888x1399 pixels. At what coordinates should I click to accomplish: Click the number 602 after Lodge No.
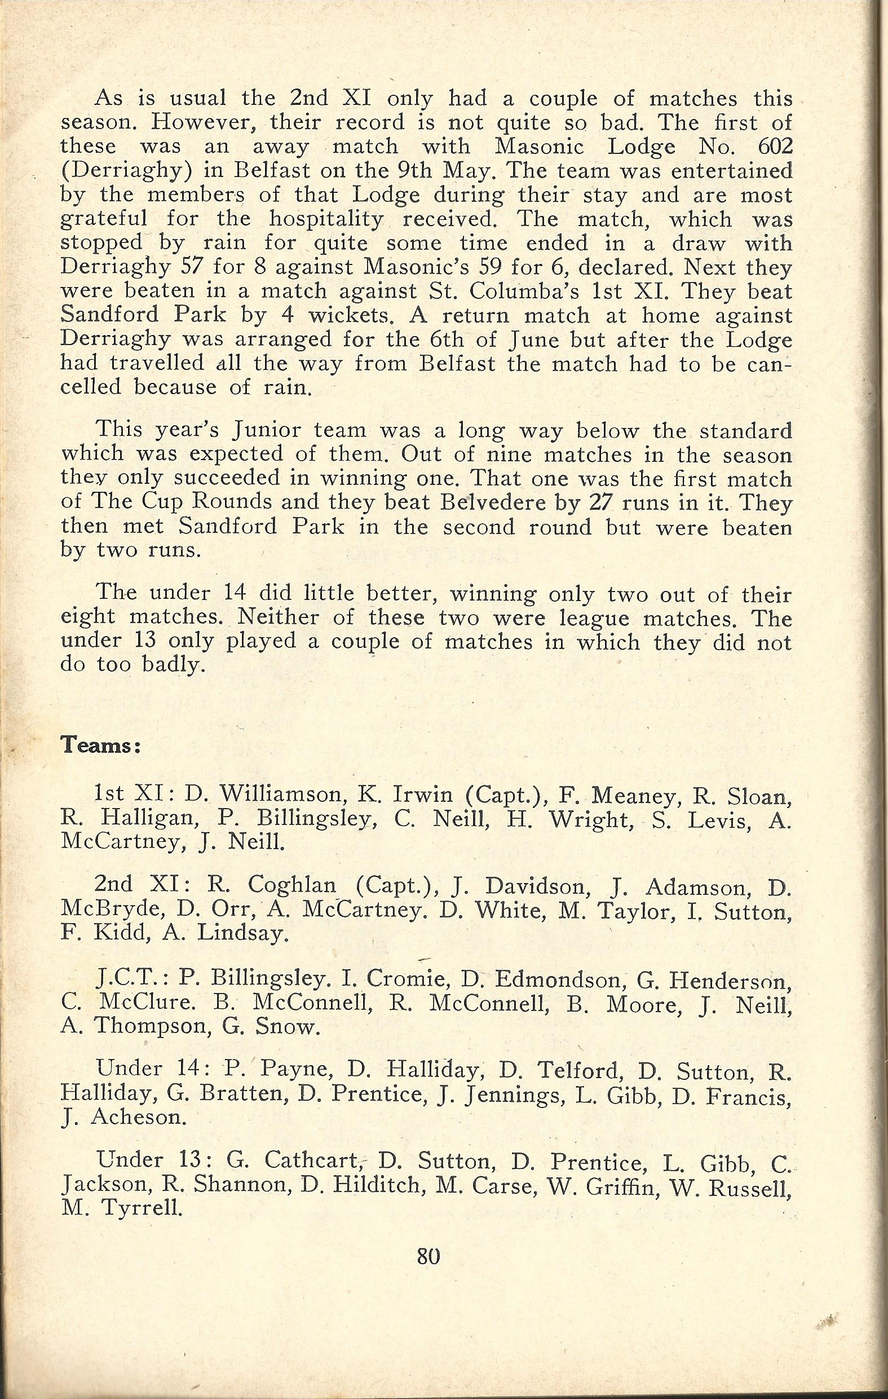click(x=771, y=147)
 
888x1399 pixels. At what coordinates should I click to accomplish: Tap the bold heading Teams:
click(x=100, y=745)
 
